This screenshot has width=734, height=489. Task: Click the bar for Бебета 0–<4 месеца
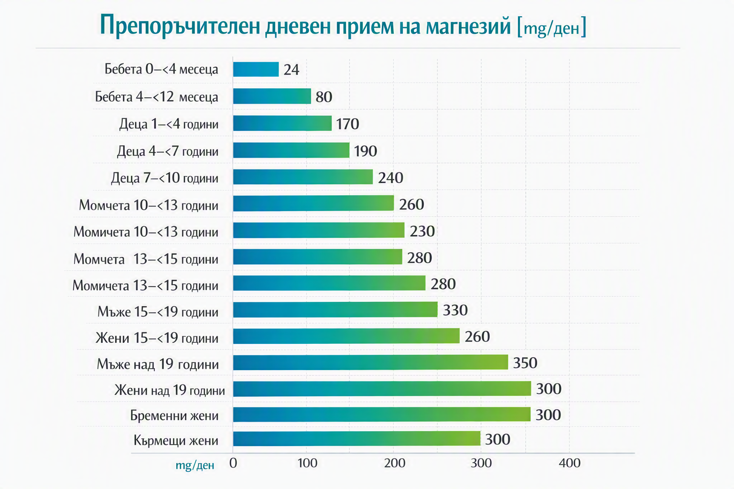pyautogui.click(x=256, y=69)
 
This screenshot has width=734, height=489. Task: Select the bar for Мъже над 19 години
pyautogui.click(x=371, y=362)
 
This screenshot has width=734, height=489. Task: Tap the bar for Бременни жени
pyautogui.click(x=382, y=415)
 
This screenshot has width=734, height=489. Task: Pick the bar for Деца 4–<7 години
pyautogui.click(x=291, y=150)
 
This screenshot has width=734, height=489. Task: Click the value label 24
pyautogui.click(x=291, y=70)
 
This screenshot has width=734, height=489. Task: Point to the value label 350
pyautogui.click(x=525, y=363)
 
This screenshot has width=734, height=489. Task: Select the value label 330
pyautogui.click(x=455, y=310)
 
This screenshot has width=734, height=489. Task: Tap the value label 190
pyautogui.click(x=366, y=151)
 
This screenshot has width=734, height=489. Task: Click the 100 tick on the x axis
pyautogui.click(x=307, y=463)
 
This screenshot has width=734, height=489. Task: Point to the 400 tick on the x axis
pyautogui.click(x=570, y=463)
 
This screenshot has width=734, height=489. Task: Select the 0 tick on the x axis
pyautogui.click(x=233, y=463)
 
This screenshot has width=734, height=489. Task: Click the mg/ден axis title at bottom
pyautogui.click(x=195, y=465)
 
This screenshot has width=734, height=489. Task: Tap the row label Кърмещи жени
pyautogui.click(x=176, y=440)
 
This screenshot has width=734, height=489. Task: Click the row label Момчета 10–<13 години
pyautogui.click(x=149, y=205)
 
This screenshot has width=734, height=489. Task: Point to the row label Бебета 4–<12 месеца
pyautogui.click(x=157, y=97)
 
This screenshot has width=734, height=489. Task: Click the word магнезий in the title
pyautogui.click(x=468, y=26)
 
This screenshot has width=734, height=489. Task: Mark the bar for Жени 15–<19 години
pyautogui.click(x=346, y=336)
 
